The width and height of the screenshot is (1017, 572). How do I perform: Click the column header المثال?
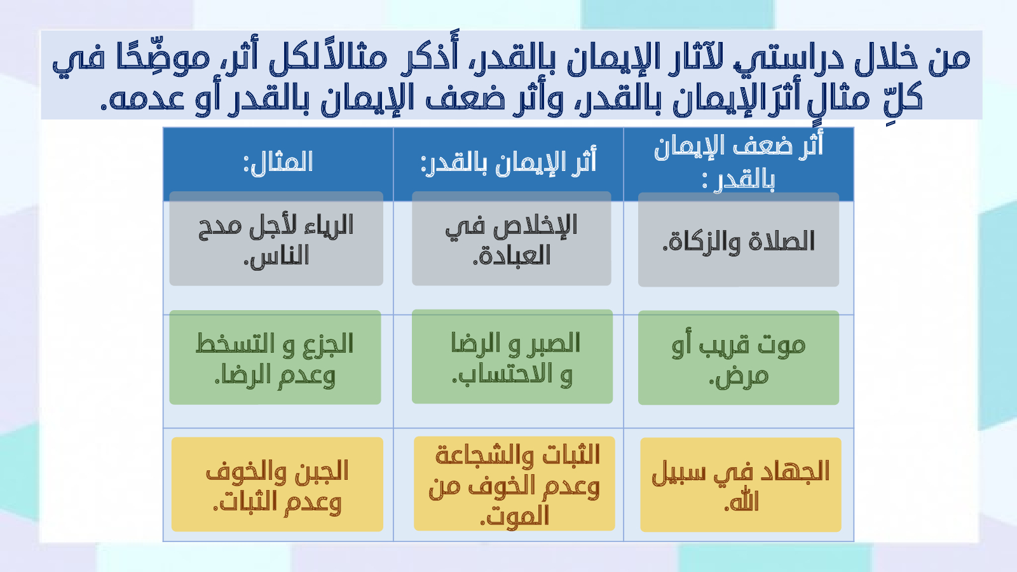(278, 163)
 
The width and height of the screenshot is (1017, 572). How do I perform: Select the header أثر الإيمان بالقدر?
(508, 163)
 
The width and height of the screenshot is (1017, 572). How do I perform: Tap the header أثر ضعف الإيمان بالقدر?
(739, 163)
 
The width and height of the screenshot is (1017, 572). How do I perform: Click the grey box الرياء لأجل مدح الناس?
(276, 238)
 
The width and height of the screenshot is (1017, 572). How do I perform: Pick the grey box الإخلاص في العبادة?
(511, 238)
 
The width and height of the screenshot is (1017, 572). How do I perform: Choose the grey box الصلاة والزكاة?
(738, 239)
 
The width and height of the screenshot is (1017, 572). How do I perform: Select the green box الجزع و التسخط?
(275, 357)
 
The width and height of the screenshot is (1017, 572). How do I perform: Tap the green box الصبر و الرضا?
(512, 357)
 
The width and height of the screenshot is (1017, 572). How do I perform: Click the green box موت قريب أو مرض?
(738, 358)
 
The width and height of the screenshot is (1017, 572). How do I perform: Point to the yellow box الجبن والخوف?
(277, 484)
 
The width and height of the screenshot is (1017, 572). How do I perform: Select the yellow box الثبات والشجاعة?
(514, 484)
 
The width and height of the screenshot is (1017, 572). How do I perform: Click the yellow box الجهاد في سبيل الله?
(741, 485)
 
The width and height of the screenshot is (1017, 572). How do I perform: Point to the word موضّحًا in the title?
(163, 59)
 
